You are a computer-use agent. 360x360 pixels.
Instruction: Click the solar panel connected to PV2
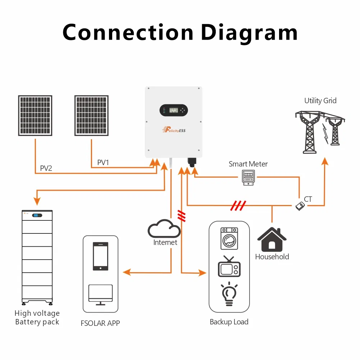click(35, 115)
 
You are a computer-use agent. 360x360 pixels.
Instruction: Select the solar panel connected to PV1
click(91, 115)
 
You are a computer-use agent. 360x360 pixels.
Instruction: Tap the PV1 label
click(103, 163)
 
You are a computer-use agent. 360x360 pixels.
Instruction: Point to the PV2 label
click(46, 168)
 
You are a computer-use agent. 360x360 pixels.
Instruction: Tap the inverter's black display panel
click(173, 110)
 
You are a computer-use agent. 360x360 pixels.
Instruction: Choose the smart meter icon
click(248, 178)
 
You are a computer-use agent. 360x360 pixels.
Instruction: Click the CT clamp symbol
click(299, 206)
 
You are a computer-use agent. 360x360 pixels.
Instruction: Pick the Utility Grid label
click(320, 101)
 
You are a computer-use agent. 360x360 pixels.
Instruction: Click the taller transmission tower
click(309, 131)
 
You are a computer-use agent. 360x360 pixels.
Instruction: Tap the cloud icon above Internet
click(164, 228)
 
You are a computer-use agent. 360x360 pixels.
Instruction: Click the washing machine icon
click(229, 238)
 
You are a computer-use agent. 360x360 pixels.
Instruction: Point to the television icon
click(229, 267)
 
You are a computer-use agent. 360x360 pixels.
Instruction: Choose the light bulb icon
click(229, 294)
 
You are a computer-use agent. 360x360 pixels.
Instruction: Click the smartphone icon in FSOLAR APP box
click(100, 256)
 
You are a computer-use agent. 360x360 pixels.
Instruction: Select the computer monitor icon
click(100, 294)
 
